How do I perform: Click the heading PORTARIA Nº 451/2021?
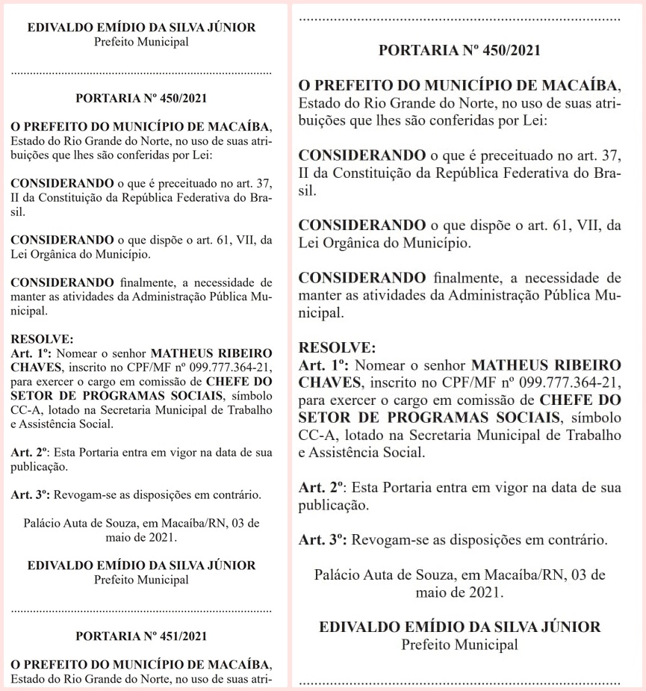(x=141, y=636)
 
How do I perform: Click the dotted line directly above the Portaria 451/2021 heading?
(x=141, y=610)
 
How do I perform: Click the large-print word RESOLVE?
(x=333, y=348)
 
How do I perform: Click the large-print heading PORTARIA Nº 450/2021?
(x=459, y=51)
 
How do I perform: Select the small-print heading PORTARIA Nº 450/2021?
(x=141, y=97)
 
